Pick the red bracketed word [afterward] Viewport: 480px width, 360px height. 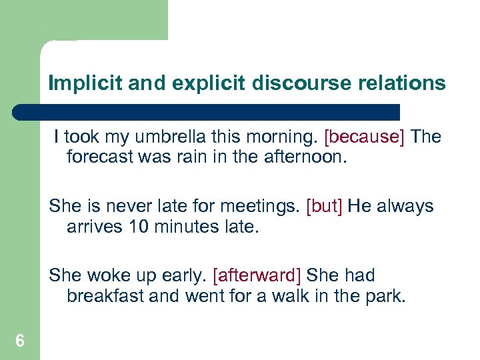(257, 275)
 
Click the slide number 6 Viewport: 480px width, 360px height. (20, 341)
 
